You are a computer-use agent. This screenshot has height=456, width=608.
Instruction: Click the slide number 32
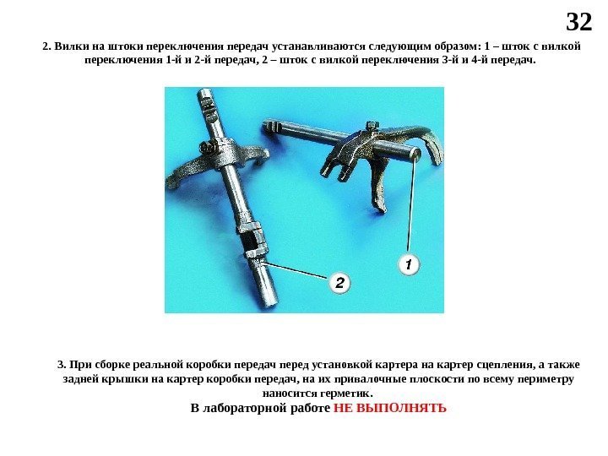[x=579, y=22]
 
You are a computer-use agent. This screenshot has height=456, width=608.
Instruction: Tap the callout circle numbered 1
[x=409, y=265]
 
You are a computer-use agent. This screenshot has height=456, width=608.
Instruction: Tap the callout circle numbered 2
[x=339, y=282]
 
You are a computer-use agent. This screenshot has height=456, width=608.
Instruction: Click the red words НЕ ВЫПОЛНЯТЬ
[x=389, y=409]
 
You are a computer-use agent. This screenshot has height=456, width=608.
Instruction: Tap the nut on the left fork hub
[x=207, y=148]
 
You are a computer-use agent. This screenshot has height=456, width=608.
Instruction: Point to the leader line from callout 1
[x=412, y=203]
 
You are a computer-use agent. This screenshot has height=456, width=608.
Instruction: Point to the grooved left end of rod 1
[x=272, y=128]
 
